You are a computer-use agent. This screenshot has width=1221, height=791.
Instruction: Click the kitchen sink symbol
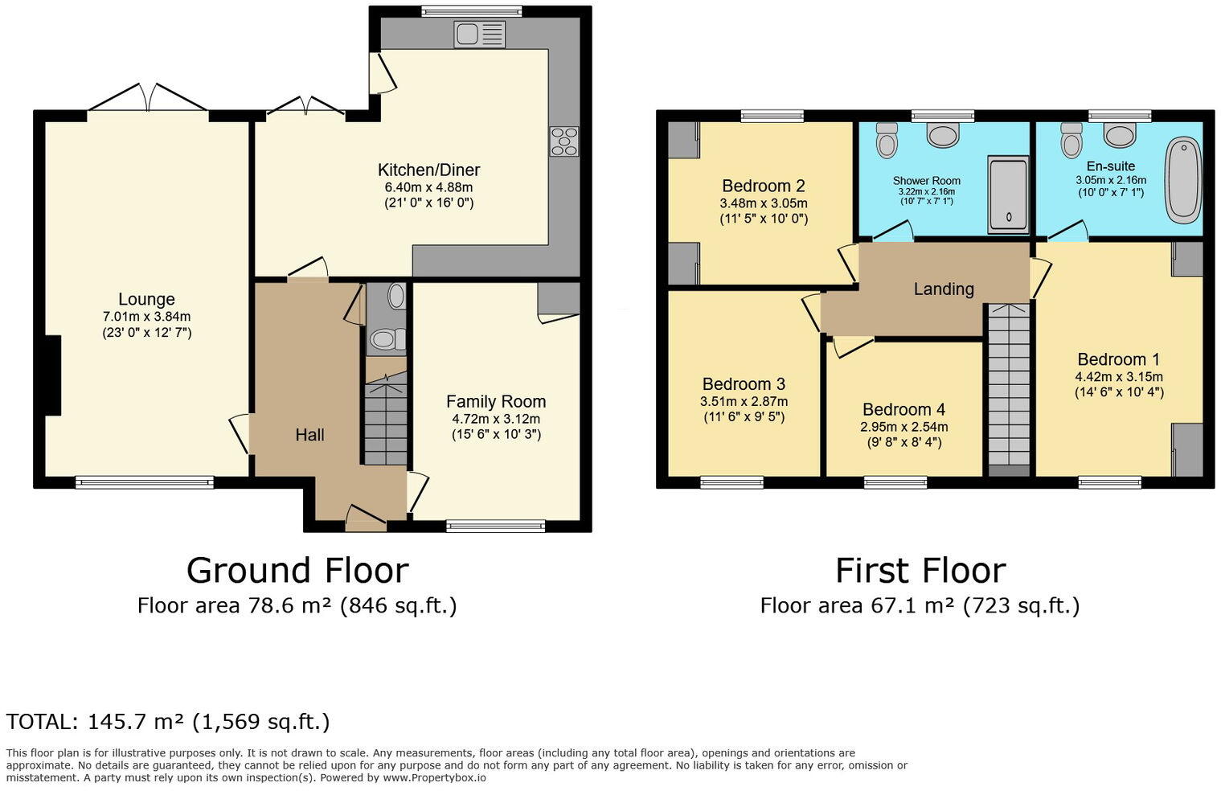[479, 35]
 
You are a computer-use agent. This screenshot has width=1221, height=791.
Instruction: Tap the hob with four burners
[564, 141]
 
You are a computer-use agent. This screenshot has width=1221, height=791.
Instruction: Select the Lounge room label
[146, 299]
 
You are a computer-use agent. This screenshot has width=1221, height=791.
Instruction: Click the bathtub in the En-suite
[1183, 180]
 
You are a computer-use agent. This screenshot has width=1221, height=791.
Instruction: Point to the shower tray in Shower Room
[1008, 194]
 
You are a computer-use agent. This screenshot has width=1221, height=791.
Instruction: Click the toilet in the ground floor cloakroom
[387, 340]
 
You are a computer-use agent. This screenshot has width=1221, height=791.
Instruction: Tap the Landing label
[944, 289]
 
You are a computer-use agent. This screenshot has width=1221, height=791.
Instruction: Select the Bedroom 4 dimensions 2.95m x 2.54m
[903, 427]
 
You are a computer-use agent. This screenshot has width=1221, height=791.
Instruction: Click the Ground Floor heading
[297, 571]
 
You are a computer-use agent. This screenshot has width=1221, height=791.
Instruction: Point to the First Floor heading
[920, 571]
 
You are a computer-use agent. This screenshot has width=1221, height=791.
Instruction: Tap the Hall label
[309, 435]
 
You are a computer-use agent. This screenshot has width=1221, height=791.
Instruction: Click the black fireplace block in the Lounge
[52, 375]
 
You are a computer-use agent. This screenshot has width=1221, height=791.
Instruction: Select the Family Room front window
[495, 527]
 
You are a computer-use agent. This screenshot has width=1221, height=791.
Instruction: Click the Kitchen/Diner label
[428, 170]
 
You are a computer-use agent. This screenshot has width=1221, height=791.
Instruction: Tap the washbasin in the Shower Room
[943, 134]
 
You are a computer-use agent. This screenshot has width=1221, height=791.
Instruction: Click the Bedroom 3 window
[731, 482]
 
